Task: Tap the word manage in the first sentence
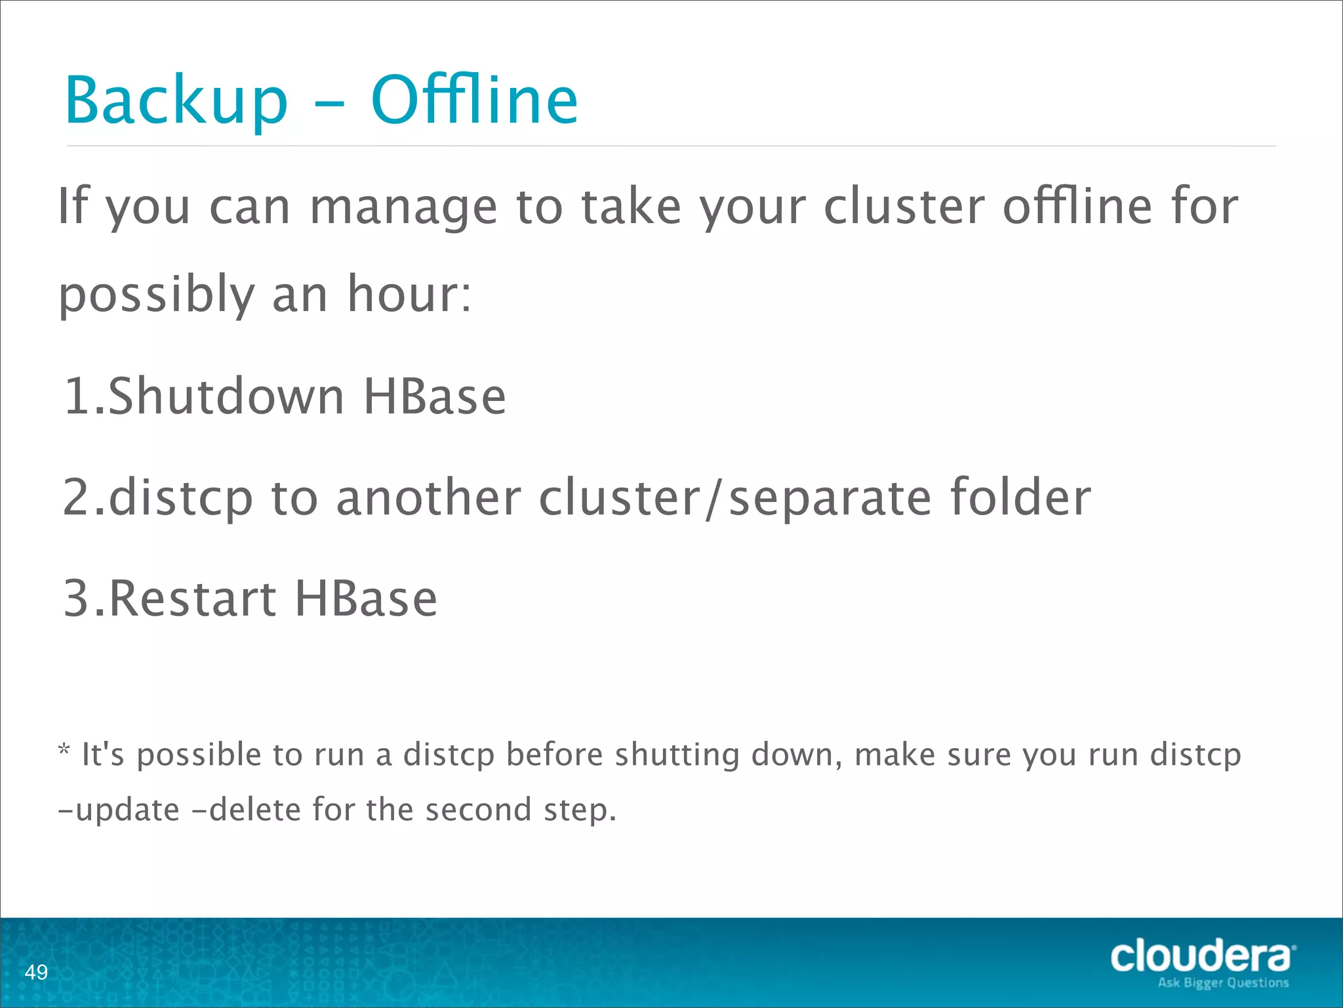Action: coord(403,207)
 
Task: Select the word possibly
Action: coord(156,295)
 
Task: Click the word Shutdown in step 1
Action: coord(226,396)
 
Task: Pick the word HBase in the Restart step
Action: coord(365,598)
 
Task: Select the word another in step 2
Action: coord(429,497)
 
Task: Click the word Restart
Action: coord(192,598)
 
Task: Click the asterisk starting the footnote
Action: coord(64,749)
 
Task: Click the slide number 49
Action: coord(36,972)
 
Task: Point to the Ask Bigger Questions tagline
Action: coord(1223,983)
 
